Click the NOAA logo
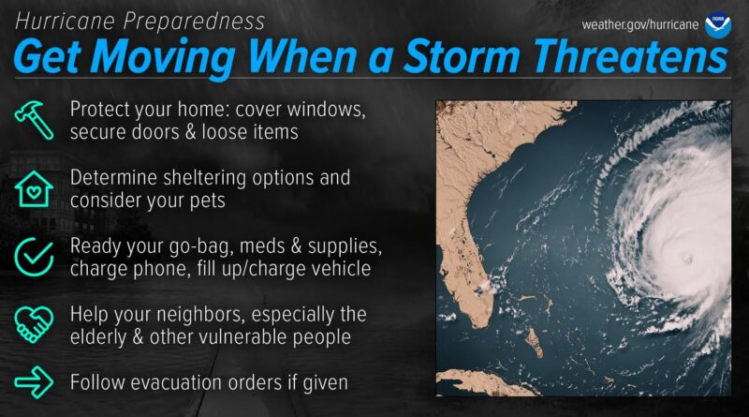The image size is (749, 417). [x=717, y=24]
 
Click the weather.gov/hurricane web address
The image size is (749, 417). [x=640, y=24]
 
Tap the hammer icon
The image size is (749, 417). [x=34, y=120]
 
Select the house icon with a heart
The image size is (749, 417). [x=34, y=189]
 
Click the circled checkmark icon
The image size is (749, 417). [x=34, y=257]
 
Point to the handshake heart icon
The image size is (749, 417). [x=34, y=325]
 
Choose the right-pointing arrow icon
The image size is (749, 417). [x=34, y=382]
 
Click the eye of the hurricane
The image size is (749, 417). [x=688, y=260]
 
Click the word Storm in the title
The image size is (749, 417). [x=461, y=56]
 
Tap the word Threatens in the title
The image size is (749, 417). [x=630, y=56]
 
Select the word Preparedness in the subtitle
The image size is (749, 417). [x=194, y=22]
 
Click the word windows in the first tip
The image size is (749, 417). [x=326, y=109]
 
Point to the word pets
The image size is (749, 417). [x=207, y=201]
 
